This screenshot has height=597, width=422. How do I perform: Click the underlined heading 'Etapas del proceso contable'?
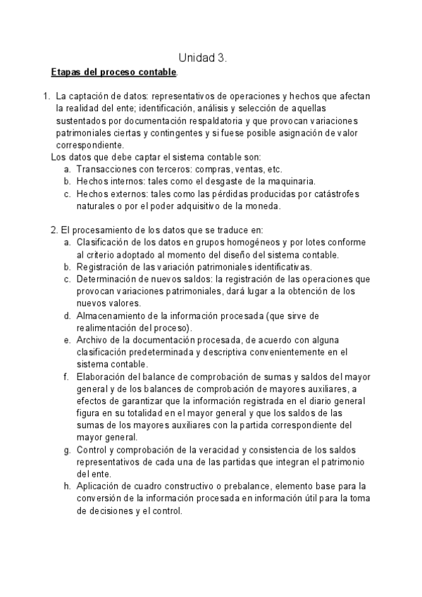coord(114,73)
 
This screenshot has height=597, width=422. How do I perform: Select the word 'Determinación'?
coord(108,279)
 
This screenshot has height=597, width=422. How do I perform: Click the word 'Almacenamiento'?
coord(113,315)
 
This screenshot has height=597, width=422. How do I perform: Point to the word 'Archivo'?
coord(92,339)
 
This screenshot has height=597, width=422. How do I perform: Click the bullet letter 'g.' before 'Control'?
coord(66,449)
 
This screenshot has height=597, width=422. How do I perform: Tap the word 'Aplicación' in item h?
coord(100,486)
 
